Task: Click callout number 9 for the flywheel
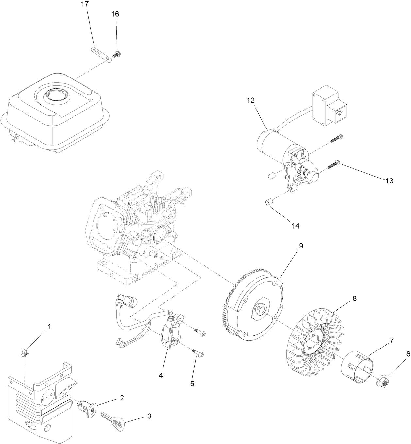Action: (301, 246)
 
